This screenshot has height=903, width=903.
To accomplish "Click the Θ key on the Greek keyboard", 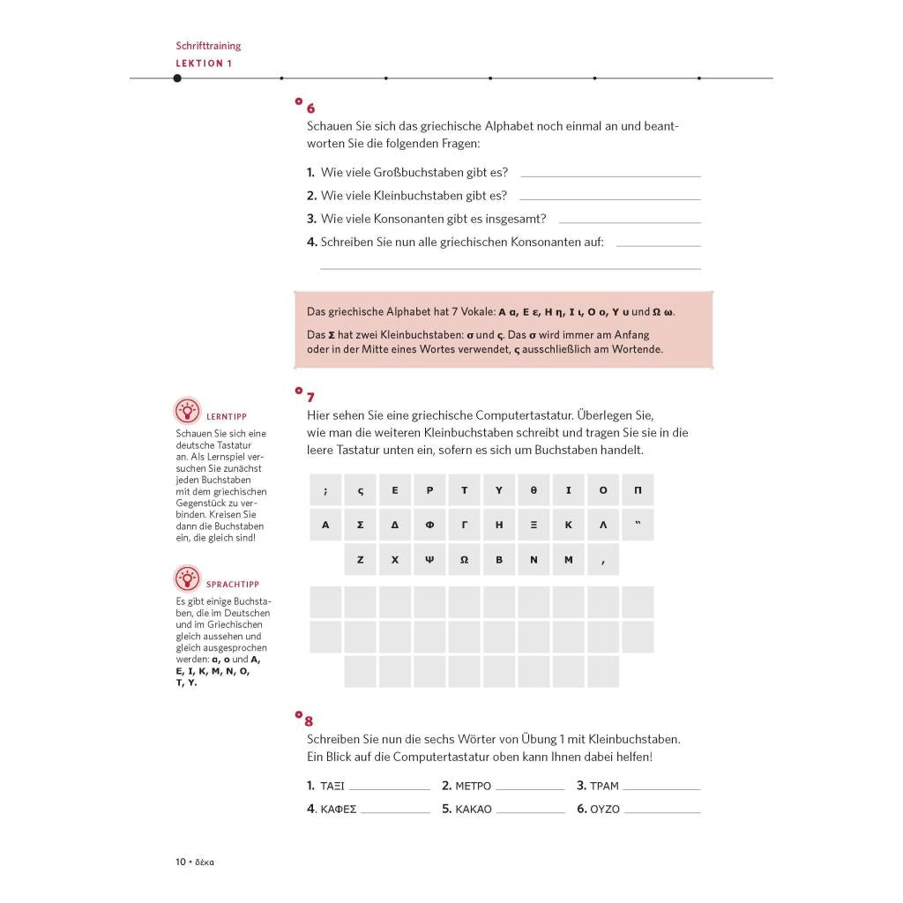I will coord(534,490).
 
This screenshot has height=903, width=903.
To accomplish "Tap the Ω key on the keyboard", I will coord(464,560).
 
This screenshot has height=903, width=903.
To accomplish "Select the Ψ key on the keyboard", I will coord(429,560).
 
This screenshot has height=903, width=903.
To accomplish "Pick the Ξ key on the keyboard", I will coord(534,525).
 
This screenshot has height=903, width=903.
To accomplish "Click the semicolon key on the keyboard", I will coord(325,490).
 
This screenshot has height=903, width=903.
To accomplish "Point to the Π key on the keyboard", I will coord(638,490).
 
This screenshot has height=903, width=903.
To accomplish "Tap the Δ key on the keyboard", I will coord(395,525).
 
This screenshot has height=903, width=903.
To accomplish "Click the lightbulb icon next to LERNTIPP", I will coord(187,411).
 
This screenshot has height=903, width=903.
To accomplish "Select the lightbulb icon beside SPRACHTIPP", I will coord(187,579).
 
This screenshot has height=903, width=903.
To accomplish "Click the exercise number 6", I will coord(310,108).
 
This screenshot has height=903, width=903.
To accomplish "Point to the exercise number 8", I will coord(309,721).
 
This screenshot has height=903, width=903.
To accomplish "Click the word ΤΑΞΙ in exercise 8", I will coord(332,786).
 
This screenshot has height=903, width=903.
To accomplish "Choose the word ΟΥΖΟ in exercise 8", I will coord(604,809).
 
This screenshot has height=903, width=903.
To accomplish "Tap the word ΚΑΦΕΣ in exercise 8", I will coord(339,809).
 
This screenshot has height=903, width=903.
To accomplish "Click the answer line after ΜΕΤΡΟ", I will coord(529,788).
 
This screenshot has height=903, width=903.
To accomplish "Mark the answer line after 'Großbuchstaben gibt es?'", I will coord(610,176).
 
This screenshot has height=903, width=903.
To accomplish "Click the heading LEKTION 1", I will coord(204,63).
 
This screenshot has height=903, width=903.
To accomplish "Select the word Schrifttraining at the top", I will coord(208,46).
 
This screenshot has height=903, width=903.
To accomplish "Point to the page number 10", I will coord(180,862).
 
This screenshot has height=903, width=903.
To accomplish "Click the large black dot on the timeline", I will coord(177,78).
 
